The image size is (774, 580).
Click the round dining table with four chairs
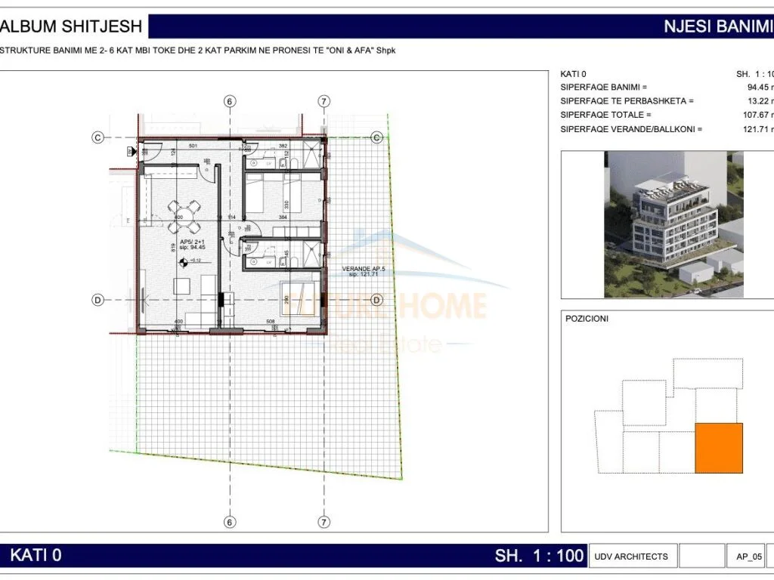click(x=184, y=217)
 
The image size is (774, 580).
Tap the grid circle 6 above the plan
click(x=231, y=101)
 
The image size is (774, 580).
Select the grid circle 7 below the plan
click(x=324, y=521)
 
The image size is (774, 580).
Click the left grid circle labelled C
click(x=98, y=137)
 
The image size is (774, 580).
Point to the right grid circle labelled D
click(x=376, y=300)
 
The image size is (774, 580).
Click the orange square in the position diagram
click(x=718, y=448)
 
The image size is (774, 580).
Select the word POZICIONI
click(x=587, y=319)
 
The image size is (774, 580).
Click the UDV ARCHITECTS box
click(x=631, y=557)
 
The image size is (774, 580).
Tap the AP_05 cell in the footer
click(x=748, y=557)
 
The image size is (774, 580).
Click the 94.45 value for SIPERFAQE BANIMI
click(x=759, y=87)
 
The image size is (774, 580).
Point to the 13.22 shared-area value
click(x=759, y=100)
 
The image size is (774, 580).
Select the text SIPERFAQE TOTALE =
click(x=605, y=115)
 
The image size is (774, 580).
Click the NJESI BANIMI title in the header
click(x=717, y=26)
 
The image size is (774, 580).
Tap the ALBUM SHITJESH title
click(x=73, y=26)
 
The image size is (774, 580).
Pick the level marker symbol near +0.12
click(x=182, y=262)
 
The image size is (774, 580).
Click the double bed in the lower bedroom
click(x=299, y=298)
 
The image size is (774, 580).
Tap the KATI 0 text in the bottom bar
click(x=36, y=556)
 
